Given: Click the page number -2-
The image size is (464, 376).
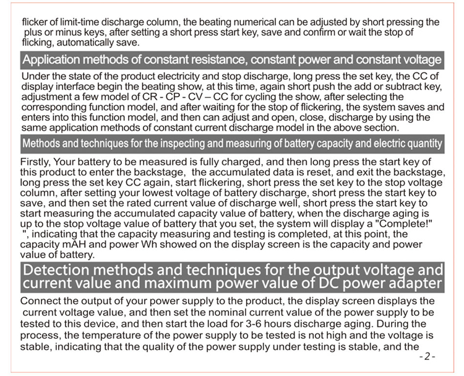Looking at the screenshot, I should (x=427, y=357).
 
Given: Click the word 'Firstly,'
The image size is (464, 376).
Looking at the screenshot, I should (x=37, y=162).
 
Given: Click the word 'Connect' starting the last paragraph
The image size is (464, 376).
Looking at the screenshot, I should (x=40, y=301).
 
